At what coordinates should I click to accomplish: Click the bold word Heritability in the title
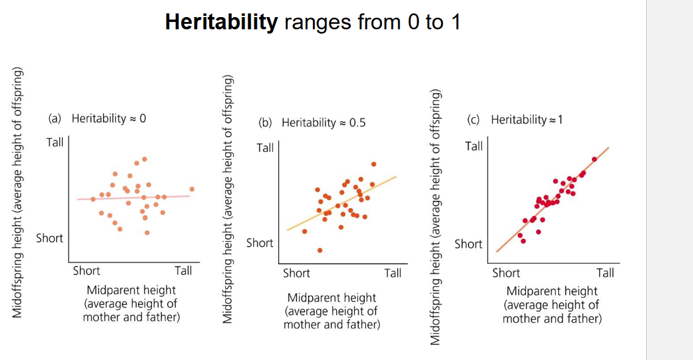click(x=221, y=22)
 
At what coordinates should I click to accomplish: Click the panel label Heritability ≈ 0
click(x=109, y=118)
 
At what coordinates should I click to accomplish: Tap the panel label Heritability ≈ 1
click(x=526, y=120)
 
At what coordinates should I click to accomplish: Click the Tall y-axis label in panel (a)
click(x=55, y=143)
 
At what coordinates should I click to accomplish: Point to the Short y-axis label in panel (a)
click(x=49, y=238)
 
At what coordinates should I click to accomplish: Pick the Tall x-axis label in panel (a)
click(x=183, y=270)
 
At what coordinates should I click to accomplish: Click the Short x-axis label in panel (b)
click(x=296, y=273)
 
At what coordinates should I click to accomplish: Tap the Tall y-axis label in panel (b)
click(x=265, y=148)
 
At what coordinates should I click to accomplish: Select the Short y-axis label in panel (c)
click(x=469, y=244)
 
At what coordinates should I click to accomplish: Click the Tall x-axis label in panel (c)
click(x=605, y=272)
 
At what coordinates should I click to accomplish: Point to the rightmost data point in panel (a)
click(x=192, y=189)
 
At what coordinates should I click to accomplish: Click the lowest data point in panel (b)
click(x=320, y=250)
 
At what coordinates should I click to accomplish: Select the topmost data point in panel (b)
click(x=373, y=164)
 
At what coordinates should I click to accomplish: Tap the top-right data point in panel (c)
click(x=594, y=159)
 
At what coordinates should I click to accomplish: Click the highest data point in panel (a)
click(x=145, y=159)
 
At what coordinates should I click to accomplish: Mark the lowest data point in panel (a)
click(x=147, y=232)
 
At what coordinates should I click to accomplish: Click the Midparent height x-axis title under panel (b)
click(x=331, y=298)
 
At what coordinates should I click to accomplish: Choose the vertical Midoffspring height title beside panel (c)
click(x=435, y=217)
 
